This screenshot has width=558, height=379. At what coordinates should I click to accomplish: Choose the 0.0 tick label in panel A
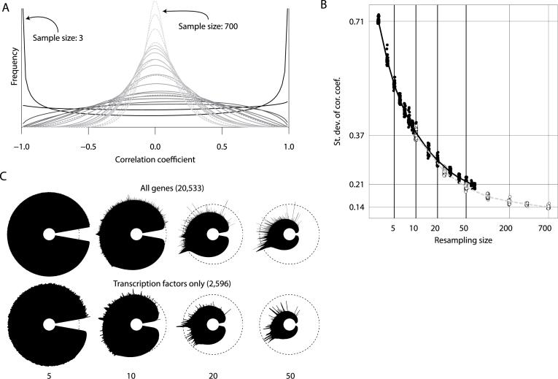pos(155,145)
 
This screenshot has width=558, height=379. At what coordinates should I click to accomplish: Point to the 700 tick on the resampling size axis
pos(544,228)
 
